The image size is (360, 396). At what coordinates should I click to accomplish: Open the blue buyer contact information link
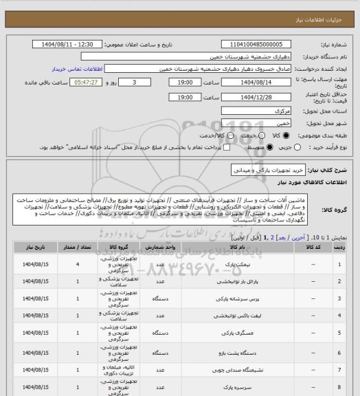(x=75, y=69)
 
